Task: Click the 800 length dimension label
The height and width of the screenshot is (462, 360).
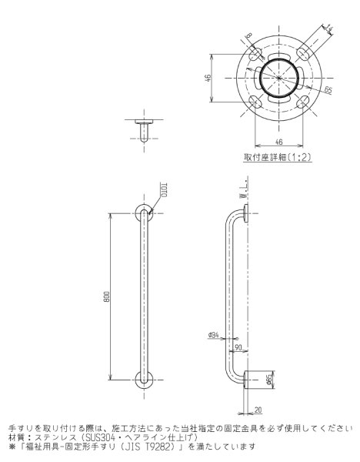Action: point(110,297)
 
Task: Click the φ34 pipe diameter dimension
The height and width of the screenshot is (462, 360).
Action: point(214,334)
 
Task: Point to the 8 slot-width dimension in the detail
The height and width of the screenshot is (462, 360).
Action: point(249,35)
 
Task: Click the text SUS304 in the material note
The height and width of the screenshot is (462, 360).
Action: point(120,437)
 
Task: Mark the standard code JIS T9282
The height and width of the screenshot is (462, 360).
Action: point(142,446)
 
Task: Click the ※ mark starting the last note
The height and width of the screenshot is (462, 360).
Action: point(12,446)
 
